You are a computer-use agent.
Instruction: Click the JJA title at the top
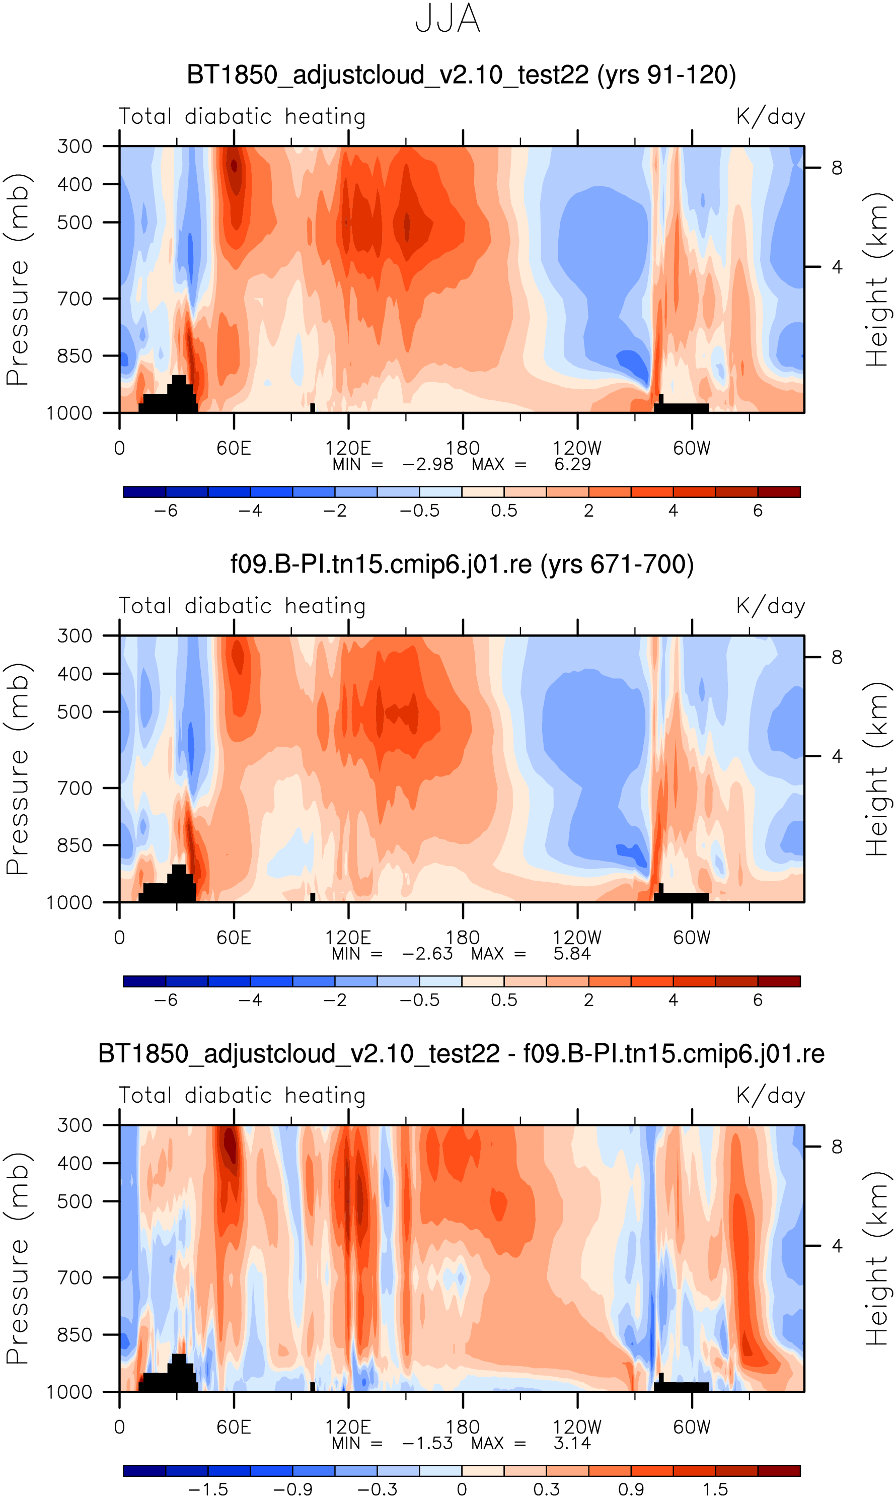coord(447,19)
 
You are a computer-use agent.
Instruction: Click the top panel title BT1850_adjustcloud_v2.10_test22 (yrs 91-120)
coord(461,76)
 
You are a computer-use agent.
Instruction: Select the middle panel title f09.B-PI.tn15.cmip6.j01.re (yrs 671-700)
coord(462,564)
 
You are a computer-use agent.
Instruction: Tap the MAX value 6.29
coord(572,464)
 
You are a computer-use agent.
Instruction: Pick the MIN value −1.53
coord(427,1443)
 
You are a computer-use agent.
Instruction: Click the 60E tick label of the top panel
coord(234,449)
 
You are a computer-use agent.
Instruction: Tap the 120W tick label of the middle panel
coord(577,938)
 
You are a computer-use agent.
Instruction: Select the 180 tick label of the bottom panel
coord(463,1428)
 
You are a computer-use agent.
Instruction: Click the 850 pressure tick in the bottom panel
coord(75,1334)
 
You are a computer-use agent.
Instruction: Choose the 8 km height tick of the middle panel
coord(836,658)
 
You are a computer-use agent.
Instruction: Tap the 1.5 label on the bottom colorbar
coord(715,1489)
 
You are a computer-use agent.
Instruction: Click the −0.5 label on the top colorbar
coord(420,511)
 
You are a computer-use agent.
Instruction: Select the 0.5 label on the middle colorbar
coord(504,1001)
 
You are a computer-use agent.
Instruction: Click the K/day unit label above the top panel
coord(771,116)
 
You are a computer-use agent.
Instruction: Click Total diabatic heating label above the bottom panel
coord(242,1096)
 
